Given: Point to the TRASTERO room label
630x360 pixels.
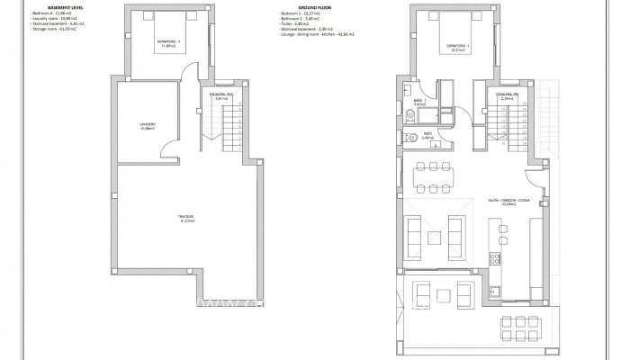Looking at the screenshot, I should (185, 217).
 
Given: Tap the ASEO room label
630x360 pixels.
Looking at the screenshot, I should (427, 135).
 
